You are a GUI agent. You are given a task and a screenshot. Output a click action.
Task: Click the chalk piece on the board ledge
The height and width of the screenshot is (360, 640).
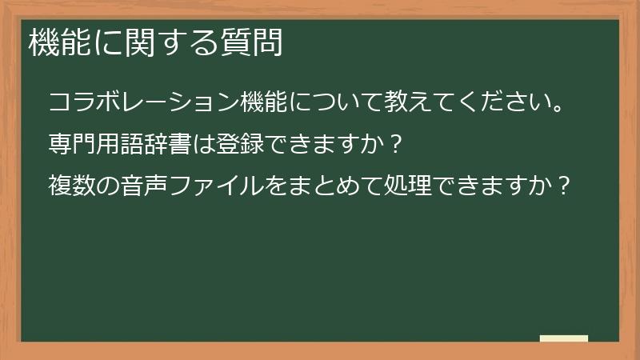[564, 338]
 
